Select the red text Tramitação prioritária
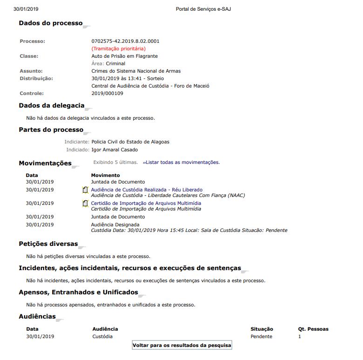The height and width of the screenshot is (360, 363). click(x=118, y=48)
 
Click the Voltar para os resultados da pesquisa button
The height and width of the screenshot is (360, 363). click(x=182, y=345)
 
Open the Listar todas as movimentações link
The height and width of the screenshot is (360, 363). click(x=181, y=163)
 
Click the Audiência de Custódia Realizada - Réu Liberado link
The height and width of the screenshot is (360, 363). click(x=147, y=190)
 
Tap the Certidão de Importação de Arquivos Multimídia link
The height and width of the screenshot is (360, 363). click(x=146, y=203)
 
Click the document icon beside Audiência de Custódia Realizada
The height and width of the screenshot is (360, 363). click(x=85, y=190)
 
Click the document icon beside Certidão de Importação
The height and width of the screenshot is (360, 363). click(x=85, y=204)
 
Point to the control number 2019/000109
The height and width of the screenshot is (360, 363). click(x=107, y=93)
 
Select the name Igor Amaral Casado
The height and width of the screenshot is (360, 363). click(x=114, y=150)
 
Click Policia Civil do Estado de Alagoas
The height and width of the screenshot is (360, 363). click(x=130, y=142)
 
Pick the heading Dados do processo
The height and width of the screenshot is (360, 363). click(x=50, y=23)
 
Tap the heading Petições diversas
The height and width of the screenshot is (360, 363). click(x=48, y=244)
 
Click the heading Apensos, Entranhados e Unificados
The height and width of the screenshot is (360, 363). click(x=78, y=292)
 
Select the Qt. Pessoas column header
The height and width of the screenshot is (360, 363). click(x=313, y=329)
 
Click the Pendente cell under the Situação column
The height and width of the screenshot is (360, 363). click(x=261, y=336)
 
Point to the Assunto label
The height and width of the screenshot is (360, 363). click(x=31, y=71)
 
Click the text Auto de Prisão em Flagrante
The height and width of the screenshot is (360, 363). click(x=124, y=56)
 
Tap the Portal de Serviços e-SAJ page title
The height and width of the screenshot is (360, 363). click(x=203, y=9)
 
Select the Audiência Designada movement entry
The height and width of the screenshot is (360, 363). click(x=112, y=224)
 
